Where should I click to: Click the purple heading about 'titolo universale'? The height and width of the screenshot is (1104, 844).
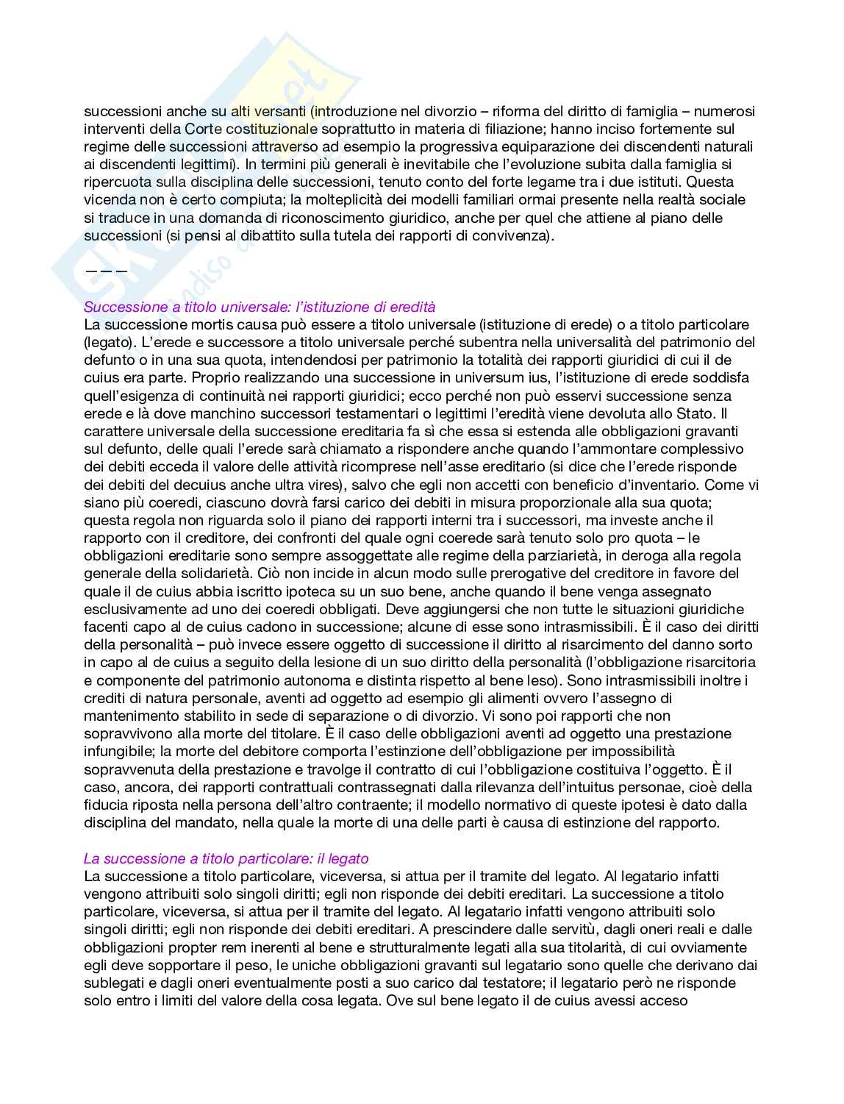(260, 307)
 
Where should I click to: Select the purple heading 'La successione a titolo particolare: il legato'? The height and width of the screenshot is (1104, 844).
(226, 858)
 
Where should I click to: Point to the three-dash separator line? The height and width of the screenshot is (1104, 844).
(106, 271)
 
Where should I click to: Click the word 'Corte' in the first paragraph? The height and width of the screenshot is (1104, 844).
(203, 129)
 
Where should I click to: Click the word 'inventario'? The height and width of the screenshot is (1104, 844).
(664, 485)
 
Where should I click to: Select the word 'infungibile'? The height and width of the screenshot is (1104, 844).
(118, 751)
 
